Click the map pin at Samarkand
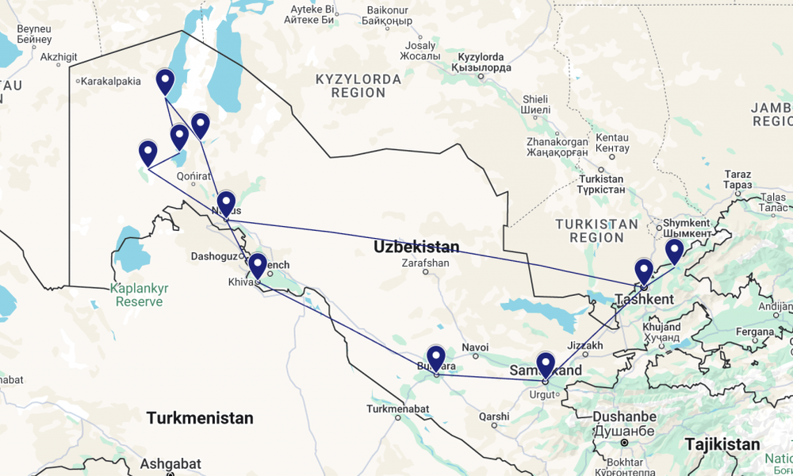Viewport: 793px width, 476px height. (546, 365)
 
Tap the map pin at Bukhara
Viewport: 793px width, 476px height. (436, 359)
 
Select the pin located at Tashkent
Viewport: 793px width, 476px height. (644, 271)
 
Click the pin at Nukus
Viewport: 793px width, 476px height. (226, 204)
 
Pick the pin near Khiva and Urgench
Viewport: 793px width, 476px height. (257, 266)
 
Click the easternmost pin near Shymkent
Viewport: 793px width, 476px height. (674, 251)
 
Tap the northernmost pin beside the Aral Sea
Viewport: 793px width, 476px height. (165, 82)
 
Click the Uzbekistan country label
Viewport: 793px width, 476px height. (416, 247)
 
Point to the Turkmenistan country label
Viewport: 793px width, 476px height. (200, 417)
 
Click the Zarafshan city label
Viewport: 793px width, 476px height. (425, 263)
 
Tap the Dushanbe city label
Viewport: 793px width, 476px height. (624, 417)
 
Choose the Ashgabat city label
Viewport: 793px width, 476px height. (170, 464)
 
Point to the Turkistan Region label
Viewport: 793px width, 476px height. (596, 230)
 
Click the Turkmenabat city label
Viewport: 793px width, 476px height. (397, 409)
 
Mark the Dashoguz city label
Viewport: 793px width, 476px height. (214, 256)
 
